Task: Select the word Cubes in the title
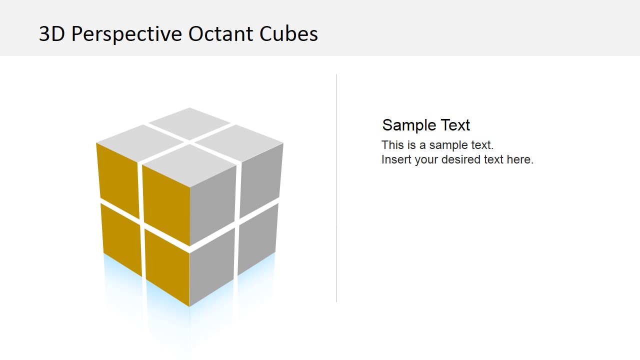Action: pyautogui.click(x=288, y=34)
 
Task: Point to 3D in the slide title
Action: pyautogui.click(x=52, y=34)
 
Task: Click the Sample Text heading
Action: pyautogui.click(x=426, y=125)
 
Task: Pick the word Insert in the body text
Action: pyautogui.click(x=396, y=159)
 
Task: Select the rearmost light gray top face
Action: pyautogui.click(x=189, y=123)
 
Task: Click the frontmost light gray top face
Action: pyautogui.click(x=189, y=165)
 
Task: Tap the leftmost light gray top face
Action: pyautogui.click(x=140, y=143)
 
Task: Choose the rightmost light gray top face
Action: pyautogui.click(x=239, y=143)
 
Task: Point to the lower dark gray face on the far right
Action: pyautogui.click(x=257, y=238)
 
